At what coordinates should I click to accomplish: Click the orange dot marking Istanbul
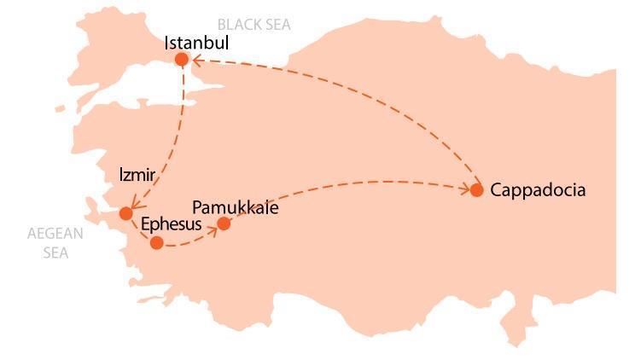(181, 59)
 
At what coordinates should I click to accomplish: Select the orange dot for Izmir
(126, 213)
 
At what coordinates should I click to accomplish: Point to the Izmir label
(137, 176)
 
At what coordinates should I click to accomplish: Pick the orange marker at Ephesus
(156, 243)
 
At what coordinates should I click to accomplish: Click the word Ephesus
(171, 224)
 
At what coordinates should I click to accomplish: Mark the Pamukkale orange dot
(224, 224)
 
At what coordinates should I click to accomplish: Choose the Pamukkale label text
(236, 207)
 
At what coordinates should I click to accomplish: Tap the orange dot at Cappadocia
(476, 190)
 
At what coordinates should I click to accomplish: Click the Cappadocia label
(538, 190)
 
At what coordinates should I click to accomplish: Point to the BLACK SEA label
(254, 25)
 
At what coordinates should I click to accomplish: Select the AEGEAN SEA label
(55, 243)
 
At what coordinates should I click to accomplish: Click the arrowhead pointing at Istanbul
(194, 60)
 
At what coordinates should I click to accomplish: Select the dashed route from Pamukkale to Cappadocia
(341, 183)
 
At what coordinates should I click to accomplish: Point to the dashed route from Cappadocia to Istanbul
(358, 94)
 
